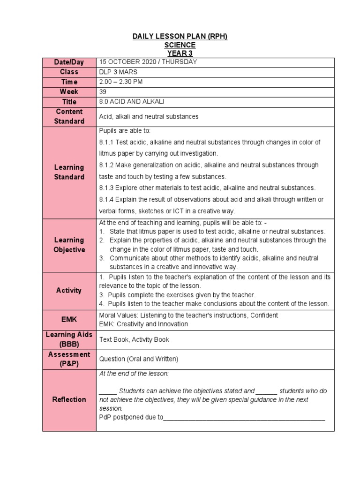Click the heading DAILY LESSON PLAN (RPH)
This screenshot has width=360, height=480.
pyautogui.click(x=180, y=37)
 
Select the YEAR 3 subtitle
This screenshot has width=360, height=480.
pyautogui.click(x=180, y=53)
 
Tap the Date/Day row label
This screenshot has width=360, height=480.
pyautogui.click(x=69, y=62)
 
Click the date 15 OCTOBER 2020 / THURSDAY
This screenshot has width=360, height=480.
pyautogui.click(x=148, y=62)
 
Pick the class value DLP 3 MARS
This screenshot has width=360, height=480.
pyautogui.click(x=119, y=72)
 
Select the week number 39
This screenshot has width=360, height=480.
pyautogui.click(x=103, y=91)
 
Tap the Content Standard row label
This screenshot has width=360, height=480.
pyautogui.click(x=69, y=116)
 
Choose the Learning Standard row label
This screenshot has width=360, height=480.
pyautogui.click(x=69, y=172)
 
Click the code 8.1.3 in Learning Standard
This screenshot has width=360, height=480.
pyautogui.click(x=107, y=188)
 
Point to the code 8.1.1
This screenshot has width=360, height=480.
pyautogui.click(x=107, y=142)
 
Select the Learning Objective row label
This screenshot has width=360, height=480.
pyautogui.click(x=69, y=245)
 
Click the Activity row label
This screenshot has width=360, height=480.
pyautogui.click(x=69, y=290)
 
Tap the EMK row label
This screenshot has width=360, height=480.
pyautogui.click(x=69, y=320)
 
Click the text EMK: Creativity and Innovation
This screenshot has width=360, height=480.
pyautogui.click(x=143, y=324)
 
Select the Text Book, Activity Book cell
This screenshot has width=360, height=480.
pyautogui.click(x=134, y=339)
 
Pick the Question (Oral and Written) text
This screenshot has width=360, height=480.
pyautogui.click(x=139, y=359)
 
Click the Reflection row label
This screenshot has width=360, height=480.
pyautogui.click(x=69, y=399)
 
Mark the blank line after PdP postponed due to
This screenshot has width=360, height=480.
pyautogui.click(x=244, y=417)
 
